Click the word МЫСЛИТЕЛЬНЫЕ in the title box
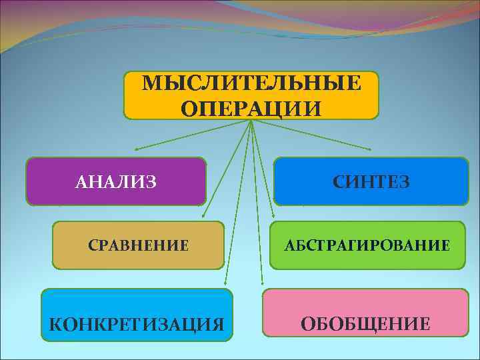pyautogui.click(x=251, y=83)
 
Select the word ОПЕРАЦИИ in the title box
pyautogui.click(x=251, y=107)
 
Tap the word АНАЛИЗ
pyautogui.click(x=117, y=181)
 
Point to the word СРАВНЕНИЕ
pyautogui.click(x=139, y=245)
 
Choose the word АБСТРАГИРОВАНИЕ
pyautogui.click(x=367, y=245)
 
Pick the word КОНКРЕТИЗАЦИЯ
pyautogui.click(x=137, y=325)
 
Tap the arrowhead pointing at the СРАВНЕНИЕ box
pyautogui.click(x=203, y=217)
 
